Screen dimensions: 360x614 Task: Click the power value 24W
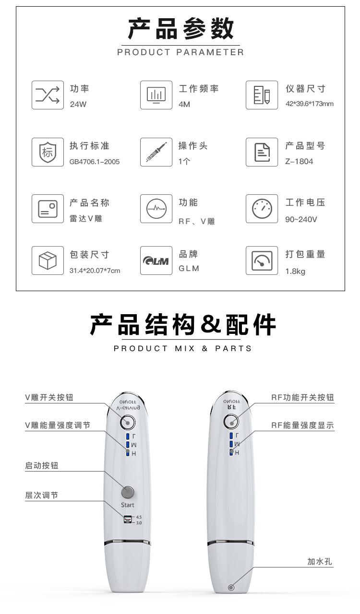point(78,104)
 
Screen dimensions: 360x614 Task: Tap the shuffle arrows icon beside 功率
point(48,95)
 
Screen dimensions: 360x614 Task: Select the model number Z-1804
point(299,161)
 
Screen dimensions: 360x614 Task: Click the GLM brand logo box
point(156,260)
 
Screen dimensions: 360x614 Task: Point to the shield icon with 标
point(48,152)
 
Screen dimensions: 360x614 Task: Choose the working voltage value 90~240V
point(301,219)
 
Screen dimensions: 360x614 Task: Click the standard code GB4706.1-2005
point(95,162)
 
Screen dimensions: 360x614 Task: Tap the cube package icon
point(48,260)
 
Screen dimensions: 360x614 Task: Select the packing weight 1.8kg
point(295,272)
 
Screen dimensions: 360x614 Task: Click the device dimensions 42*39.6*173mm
point(309,104)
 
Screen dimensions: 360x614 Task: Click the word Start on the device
point(128,505)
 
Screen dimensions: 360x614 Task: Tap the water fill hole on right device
point(231,587)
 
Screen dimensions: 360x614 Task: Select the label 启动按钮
point(42,466)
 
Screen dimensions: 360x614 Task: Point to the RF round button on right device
point(231,422)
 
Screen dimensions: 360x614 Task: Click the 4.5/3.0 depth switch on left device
point(128,520)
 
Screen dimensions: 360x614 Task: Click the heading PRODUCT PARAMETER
point(180,52)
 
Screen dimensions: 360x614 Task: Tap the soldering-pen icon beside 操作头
point(156,152)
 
